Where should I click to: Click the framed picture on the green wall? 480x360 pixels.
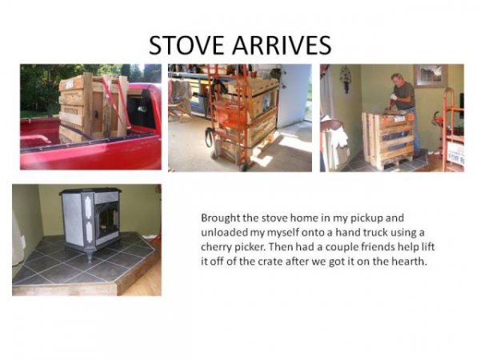430,75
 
